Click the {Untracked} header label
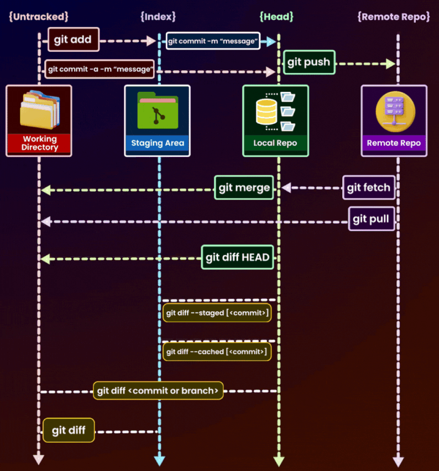[x=38, y=17]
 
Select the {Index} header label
[x=158, y=17]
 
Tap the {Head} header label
[x=276, y=17]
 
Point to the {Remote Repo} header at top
[x=394, y=17]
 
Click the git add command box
[x=73, y=40]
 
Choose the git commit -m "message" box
[x=213, y=40]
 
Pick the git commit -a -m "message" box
[x=100, y=69]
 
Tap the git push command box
[x=309, y=62]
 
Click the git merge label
[x=244, y=187]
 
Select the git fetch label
[x=368, y=187]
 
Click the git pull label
[x=371, y=219]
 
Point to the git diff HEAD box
[x=238, y=257]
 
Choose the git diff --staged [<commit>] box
[x=217, y=313]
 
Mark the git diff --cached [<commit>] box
[x=217, y=351]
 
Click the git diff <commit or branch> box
[x=158, y=390]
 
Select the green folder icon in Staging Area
[x=158, y=110]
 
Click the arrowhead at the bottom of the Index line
[x=159, y=460]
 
